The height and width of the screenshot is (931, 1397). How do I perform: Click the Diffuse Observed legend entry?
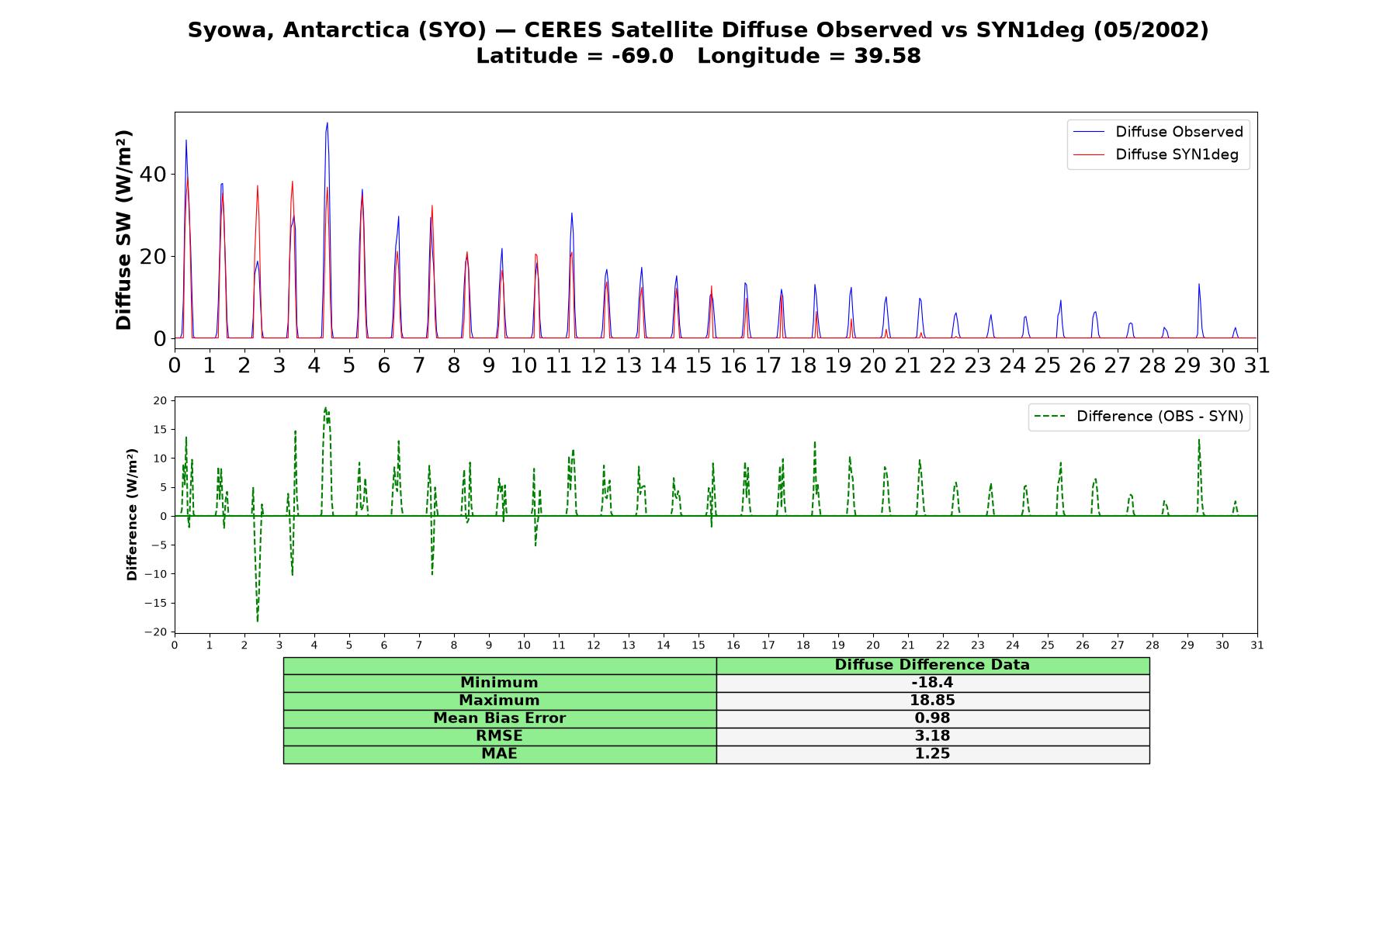coord(1158,132)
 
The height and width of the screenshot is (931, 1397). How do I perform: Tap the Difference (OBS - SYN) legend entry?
coord(1139,417)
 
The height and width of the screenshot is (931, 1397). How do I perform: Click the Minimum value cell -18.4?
coord(932,683)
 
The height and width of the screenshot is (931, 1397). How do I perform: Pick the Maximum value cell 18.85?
coord(932,701)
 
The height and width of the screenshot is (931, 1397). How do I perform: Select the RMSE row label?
coord(499,736)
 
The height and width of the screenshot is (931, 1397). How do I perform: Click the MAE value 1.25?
coord(932,754)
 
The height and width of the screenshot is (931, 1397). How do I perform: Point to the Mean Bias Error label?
coord(499,718)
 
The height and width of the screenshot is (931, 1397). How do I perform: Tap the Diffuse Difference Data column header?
coord(932,665)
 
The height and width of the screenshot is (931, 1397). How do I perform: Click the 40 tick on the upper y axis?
coord(153,174)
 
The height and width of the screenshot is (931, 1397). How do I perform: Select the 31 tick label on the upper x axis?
coord(1257,365)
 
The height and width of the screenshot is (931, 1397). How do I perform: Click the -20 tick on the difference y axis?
coord(154,632)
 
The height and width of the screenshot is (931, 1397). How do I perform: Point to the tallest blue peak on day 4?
coord(327,123)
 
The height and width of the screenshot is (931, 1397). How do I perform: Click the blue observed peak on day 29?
coord(1198,284)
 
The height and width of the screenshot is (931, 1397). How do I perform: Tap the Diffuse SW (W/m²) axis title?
coord(124,230)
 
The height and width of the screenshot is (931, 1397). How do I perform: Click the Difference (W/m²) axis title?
coord(132,514)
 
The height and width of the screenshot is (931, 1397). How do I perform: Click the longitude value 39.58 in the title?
coord(887,56)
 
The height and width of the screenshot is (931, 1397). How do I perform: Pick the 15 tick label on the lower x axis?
coord(698,645)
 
